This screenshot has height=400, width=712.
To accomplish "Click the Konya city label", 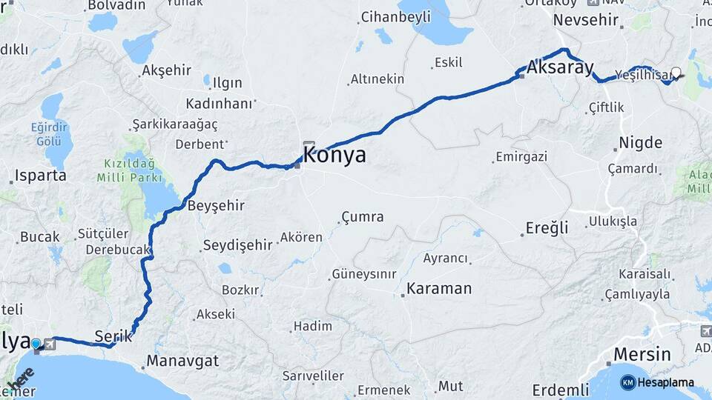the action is pyautogui.click(x=334, y=156).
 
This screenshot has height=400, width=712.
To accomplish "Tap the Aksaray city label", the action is pyautogui.click(x=561, y=68).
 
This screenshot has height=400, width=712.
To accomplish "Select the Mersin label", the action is pyautogui.click(x=642, y=355).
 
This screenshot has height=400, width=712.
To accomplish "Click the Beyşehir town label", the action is pyautogui.click(x=216, y=205).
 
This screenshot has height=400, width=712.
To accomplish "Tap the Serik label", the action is pyautogui.click(x=113, y=336).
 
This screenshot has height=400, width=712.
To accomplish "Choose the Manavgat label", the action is pyautogui.click(x=182, y=361).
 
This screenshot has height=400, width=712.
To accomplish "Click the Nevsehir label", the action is pyautogui.click(x=586, y=20).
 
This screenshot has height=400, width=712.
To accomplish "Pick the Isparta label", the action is pyautogui.click(x=40, y=176).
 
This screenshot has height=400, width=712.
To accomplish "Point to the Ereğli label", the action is pyautogui.click(x=547, y=227).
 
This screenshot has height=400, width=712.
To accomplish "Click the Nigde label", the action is pyautogui.click(x=640, y=142).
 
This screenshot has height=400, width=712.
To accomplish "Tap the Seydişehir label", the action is pyautogui.click(x=238, y=245).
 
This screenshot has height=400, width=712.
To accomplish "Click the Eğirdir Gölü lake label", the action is pyautogui.click(x=50, y=133).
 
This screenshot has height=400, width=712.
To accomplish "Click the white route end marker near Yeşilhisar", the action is pyautogui.click(x=676, y=73).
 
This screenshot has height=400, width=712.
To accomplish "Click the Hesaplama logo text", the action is pyautogui.click(x=665, y=382).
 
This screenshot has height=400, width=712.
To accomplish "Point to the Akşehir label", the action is pyautogui.click(x=166, y=70).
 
